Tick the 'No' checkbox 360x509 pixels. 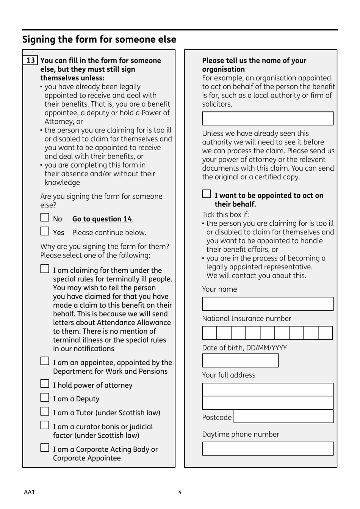(x=45, y=217)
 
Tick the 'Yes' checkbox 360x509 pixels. (x=45, y=231)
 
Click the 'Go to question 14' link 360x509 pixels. (x=102, y=219)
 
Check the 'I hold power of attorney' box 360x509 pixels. (x=45, y=384)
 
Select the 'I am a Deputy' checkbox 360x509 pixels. (x=45, y=397)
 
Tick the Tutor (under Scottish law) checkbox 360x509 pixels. (x=45, y=412)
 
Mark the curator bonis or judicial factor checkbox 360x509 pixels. (x=45, y=425)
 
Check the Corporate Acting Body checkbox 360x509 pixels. (x=45, y=448)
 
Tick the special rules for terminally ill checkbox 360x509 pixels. (x=45, y=269)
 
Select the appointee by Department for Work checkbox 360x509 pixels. (x=45, y=361)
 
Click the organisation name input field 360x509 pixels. (x=268, y=118)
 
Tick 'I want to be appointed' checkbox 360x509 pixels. (x=207, y=194)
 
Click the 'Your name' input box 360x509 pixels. (x=268, y=304)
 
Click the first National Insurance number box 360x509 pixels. (x=210, y=333)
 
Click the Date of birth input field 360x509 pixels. (x=240, y=360)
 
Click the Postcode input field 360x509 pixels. (x=283, y=416)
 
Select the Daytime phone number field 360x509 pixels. (x=268, y=448)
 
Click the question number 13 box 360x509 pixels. (x=31, y=60)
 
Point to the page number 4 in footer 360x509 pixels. (x=180, y=492)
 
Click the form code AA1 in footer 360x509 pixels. (x=29, y=492)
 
